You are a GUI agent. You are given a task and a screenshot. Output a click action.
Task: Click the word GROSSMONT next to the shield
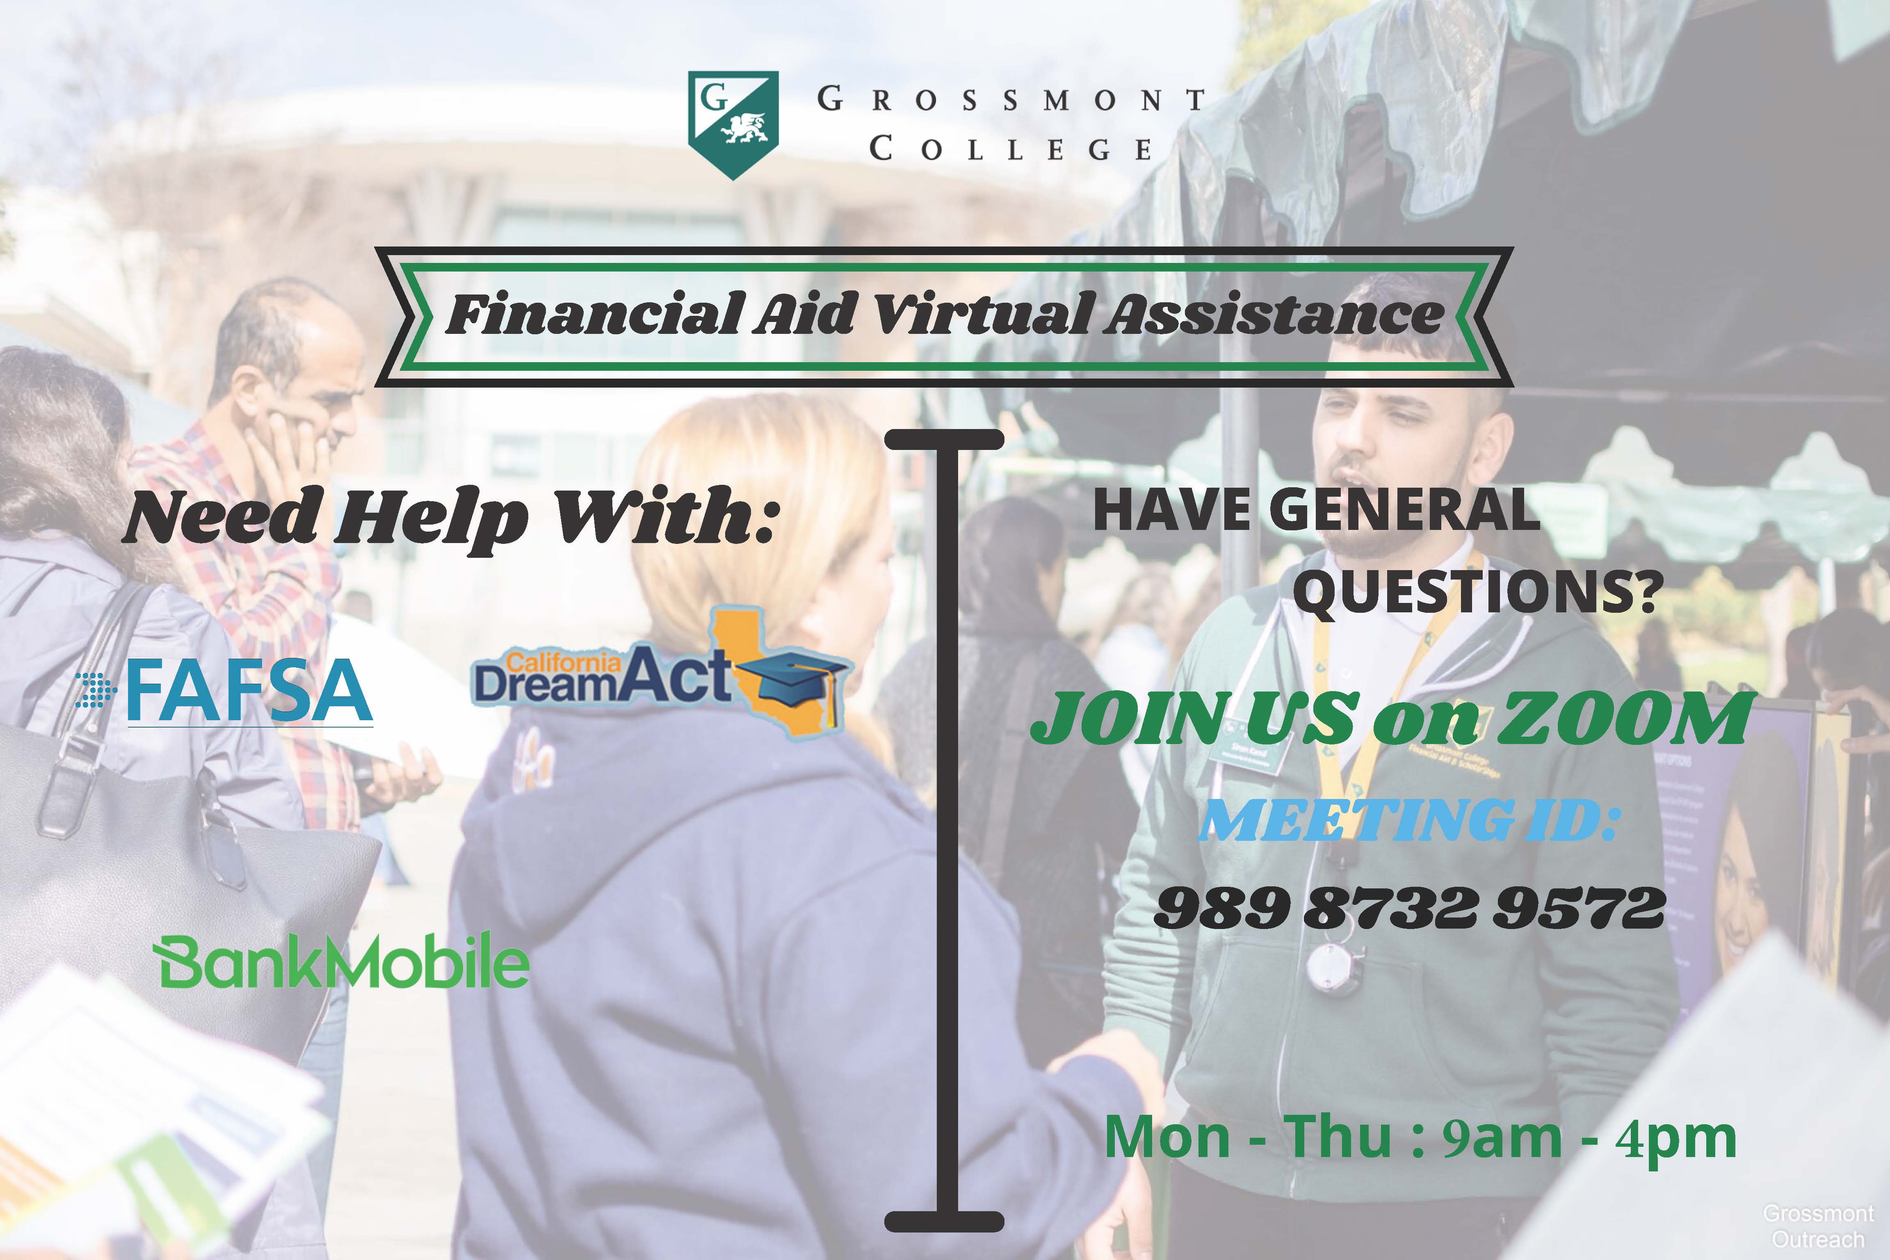coord(1011,100)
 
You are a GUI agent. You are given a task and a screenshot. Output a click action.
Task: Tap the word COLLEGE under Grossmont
coord(1011,148)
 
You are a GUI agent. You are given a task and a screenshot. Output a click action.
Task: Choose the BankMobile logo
coord(342,961)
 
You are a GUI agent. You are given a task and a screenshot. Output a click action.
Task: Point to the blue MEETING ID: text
coord(1407,819)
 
